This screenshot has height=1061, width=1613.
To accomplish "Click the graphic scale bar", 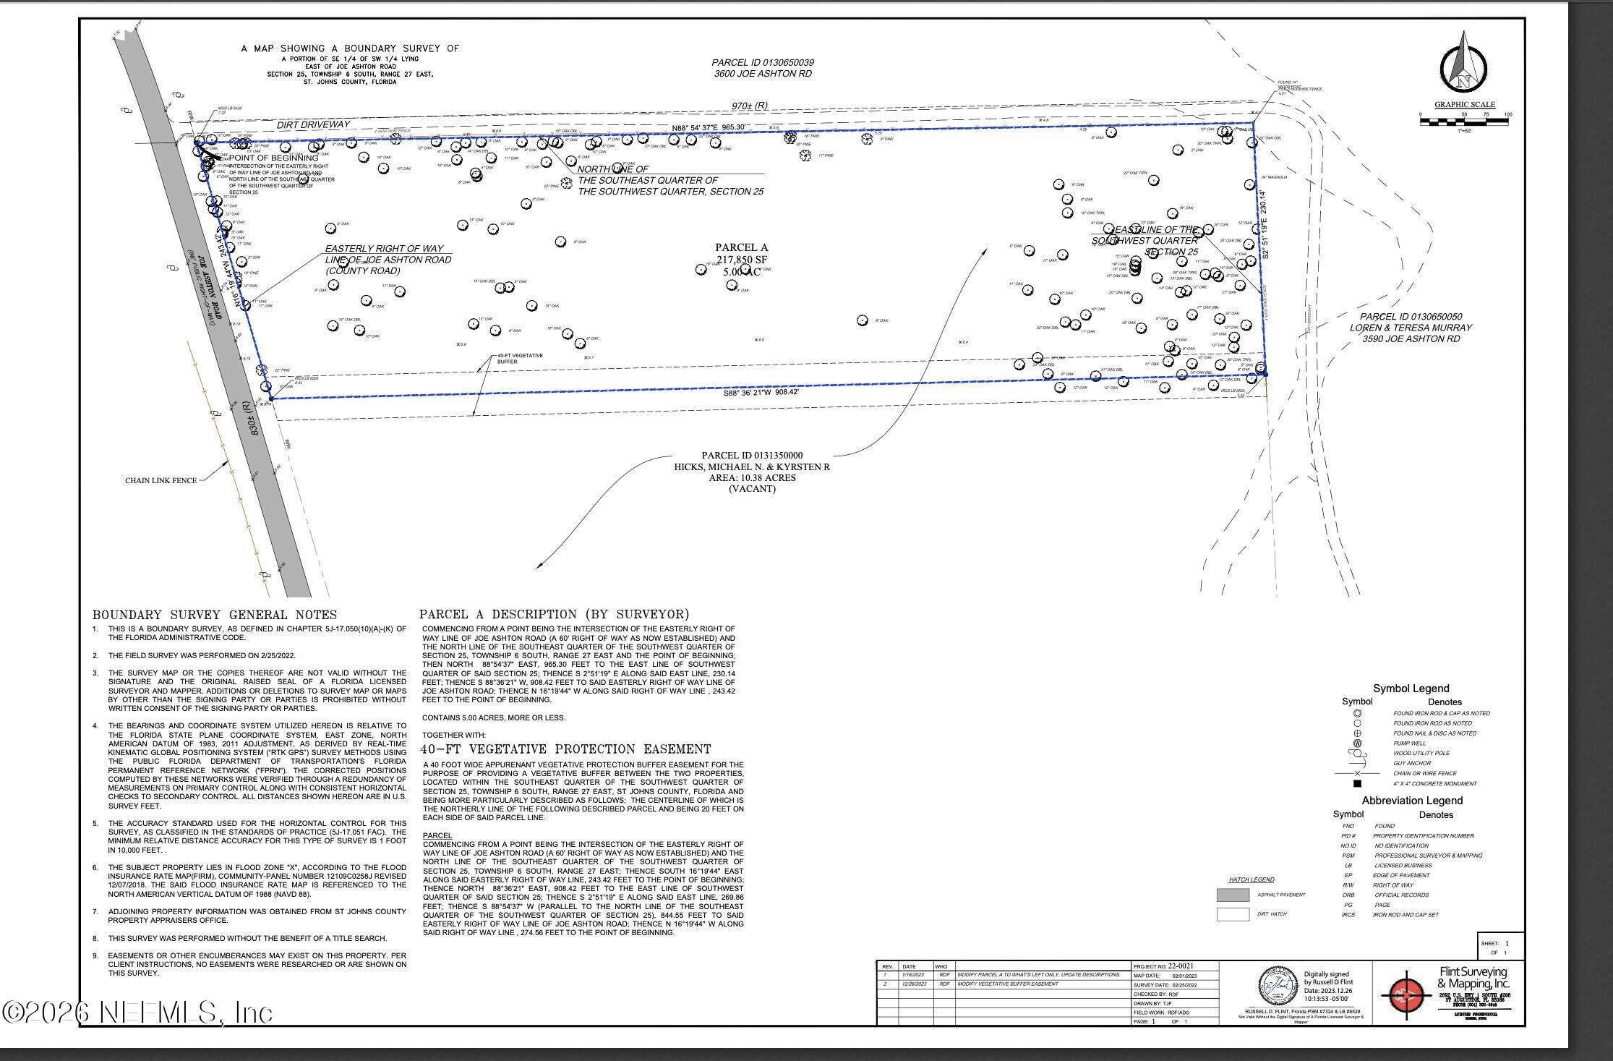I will coord(1464,122).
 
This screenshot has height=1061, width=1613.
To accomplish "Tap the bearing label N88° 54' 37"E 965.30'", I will coord(708,127).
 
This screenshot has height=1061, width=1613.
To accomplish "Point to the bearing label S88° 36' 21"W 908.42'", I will coord(761,393).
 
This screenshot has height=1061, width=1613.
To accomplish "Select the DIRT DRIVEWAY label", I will coord(313,124).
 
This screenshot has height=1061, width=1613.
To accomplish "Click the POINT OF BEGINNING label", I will coord(273,158).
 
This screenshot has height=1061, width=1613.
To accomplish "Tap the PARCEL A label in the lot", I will coord(741,248).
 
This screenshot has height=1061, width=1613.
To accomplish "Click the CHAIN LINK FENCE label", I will coord(161,480).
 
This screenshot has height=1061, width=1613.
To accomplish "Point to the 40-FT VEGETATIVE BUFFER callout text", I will coord(520,359).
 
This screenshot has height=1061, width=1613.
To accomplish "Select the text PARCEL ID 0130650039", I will coord(763,63).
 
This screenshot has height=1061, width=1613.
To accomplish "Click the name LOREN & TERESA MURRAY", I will coord(1411,328).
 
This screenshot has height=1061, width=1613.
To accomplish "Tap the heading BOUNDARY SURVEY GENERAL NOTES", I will coord(214,615).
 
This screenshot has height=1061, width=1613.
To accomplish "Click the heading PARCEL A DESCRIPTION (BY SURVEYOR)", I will coord(554,614).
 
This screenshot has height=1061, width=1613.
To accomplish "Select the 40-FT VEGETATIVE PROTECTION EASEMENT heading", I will coord(565,749).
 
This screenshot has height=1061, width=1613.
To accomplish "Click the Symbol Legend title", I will coord(1411,689).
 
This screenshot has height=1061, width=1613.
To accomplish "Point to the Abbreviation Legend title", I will coord(1412,801).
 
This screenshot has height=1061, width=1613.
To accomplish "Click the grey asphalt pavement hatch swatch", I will coord(1233,895).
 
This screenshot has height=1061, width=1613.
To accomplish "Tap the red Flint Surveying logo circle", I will coord(1406,996).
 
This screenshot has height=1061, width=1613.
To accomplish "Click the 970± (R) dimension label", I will coord(749,106).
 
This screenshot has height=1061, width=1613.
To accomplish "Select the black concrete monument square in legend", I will coord(1357,783).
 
